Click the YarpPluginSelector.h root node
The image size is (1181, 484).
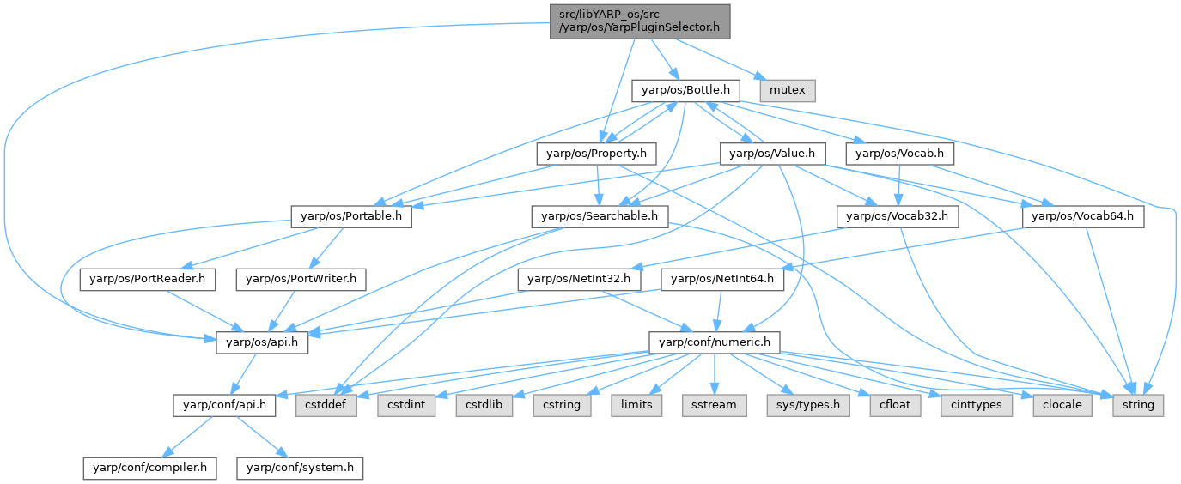click(639, 21)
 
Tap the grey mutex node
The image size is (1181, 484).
click(787, 89)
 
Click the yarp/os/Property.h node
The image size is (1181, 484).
click(596, 154)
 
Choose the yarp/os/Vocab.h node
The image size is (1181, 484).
click(900, 154)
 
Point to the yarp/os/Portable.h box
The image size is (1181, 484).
click(350, 216)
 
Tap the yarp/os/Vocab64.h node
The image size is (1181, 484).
click(1084, 216)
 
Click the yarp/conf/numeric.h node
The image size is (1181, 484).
click(714, 342)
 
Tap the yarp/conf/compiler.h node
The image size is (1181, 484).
click(150, 468)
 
